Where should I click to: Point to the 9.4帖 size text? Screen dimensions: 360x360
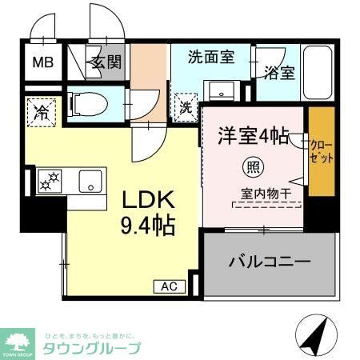pyautogui.click(x=148, y=227)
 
